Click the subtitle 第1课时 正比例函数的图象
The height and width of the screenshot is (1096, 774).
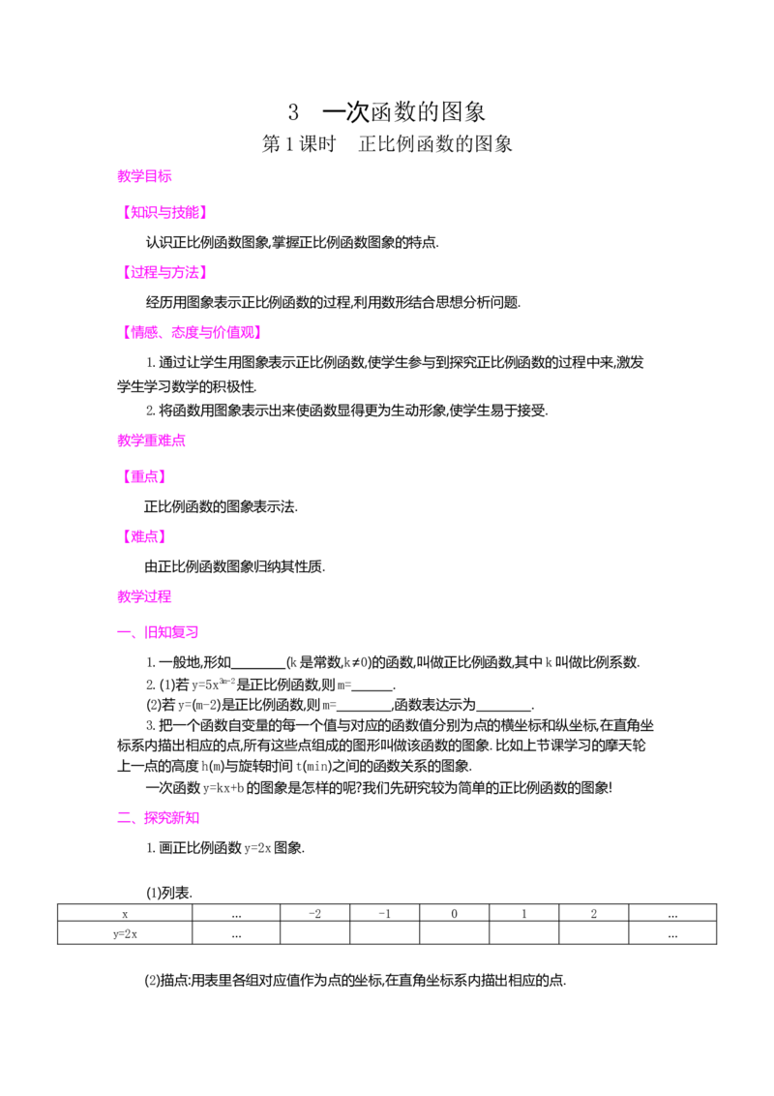[x=387, y=144]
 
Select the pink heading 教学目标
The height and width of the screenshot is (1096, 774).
[x=144, y=176]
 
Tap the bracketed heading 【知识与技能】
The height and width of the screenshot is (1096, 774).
[x=164, y=212]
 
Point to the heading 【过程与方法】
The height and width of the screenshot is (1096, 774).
[x=164, y=273]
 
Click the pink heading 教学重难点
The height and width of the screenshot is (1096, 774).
[x=152, y=441]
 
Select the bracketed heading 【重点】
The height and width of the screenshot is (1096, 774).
[x=144, y=476]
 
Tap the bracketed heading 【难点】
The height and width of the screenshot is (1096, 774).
[x=144, y=536]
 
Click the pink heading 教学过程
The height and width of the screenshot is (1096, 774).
[x=144, y=597]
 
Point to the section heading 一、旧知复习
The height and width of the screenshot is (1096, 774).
[x=158, y=632]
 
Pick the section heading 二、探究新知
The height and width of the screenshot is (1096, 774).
[x=158, y=818]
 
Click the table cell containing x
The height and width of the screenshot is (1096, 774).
[x=125, y=914]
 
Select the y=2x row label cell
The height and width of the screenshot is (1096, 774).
[x=125, y=934]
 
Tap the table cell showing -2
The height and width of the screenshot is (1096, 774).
[x=315, y=914]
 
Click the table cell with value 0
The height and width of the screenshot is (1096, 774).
[x=455, y=914]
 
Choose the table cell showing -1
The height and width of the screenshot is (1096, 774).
[x=385, y=914]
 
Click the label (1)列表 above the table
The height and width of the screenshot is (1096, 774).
[x=169, y=894]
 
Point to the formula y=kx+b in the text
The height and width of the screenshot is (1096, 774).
[x=223, y=788]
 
